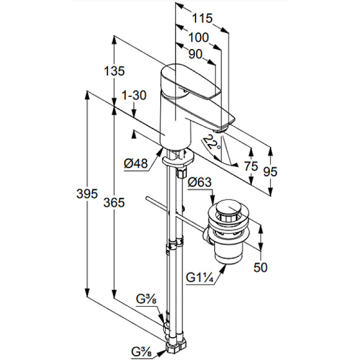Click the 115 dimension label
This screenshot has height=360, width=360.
202,19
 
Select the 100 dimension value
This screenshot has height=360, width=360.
199,37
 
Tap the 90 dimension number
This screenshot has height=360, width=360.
196,55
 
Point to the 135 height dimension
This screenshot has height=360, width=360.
114,71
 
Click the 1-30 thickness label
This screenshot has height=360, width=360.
134,95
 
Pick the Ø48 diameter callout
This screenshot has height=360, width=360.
136,164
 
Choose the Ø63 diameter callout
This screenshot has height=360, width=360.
199,182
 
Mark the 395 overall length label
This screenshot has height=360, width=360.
87,194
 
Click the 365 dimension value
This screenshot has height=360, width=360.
114,202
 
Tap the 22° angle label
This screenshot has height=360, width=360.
212,143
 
